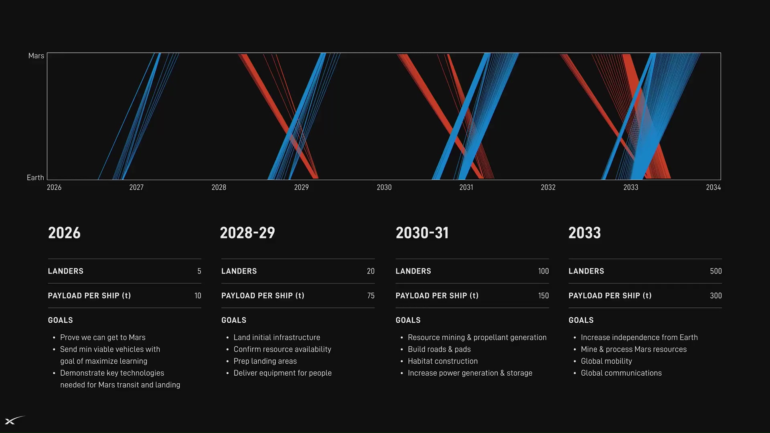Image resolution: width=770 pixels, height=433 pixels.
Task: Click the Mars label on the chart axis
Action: [36, 56]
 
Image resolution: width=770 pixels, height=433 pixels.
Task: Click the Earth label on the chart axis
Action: [35, 178]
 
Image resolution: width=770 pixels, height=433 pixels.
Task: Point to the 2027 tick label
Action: [136, 187]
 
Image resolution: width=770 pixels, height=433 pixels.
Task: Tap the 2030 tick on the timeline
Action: [384, 187]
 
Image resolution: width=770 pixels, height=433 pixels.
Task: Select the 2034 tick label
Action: [713, 187]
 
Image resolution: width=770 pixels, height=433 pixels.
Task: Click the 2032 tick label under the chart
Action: [548, 187]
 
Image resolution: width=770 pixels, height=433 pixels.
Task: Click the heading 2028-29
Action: [247, 233]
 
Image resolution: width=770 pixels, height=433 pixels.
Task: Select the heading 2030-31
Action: [422, 233]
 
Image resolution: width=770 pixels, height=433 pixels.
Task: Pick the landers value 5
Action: [199, 271]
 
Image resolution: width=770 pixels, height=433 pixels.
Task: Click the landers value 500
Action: [716, 271]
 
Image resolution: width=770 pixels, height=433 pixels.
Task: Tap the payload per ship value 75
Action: [371, 296]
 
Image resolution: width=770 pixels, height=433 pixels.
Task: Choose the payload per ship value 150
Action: [543, 296]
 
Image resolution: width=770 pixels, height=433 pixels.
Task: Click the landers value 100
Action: [543, 271]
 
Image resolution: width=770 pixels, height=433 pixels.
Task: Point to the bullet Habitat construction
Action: [443, 361]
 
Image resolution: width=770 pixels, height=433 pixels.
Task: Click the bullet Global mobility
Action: [606, 361]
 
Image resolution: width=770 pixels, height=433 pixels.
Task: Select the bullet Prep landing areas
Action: [265, 361]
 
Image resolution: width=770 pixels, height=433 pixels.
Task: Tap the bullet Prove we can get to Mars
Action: [103, 338]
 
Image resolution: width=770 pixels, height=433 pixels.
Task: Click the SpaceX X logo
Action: [15, 420]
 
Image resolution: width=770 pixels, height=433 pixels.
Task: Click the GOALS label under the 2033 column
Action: [581, 320]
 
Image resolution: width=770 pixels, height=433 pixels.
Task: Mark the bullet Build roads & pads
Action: [439, 350]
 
